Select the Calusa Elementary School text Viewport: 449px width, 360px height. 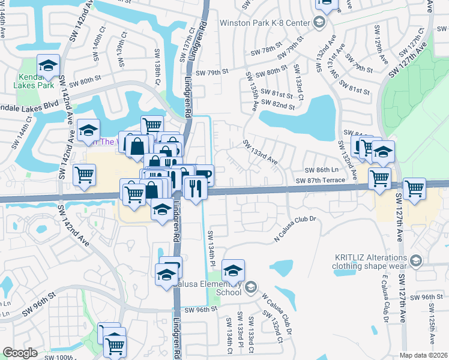[220, 287]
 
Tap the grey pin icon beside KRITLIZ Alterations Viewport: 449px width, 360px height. [417, 260]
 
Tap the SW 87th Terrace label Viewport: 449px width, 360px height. [320, 180]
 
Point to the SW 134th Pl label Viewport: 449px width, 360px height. [212, 247]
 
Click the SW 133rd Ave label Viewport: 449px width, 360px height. [260, 152]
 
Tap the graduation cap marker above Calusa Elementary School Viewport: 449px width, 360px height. [234, 271]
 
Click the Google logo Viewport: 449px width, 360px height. [20, 352]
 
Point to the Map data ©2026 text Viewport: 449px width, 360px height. [424, 355]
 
